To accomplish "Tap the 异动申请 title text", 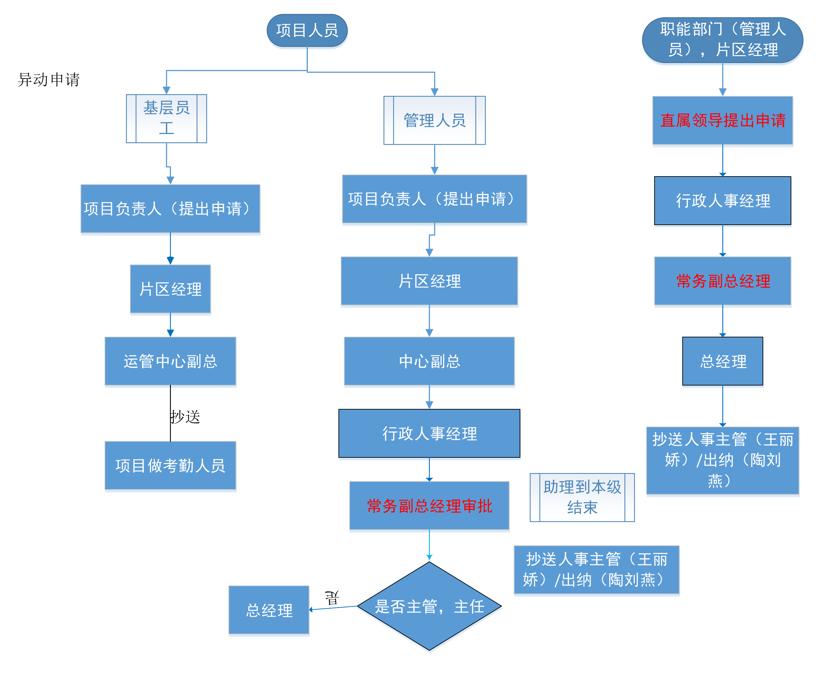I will pos(49,80).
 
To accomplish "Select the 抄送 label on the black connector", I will pos(186,417).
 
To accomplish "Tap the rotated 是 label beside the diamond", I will pos(332,598).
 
